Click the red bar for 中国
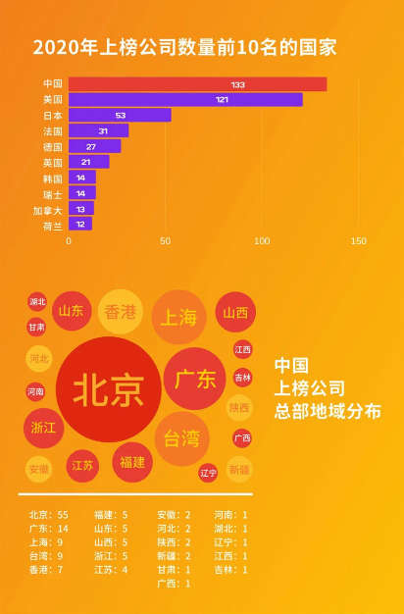pos(198,84)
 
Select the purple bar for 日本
pos(120,115)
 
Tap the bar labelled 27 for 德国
pos(95,146)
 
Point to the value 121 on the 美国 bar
pos(222,100)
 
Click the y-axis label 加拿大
pos(47,211)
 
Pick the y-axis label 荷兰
pos(52,227)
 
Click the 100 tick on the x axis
pos(262,241)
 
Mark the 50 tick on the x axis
pos(165,241)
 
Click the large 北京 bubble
pos(109,389)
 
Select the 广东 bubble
pos(195,379)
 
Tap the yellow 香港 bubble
pos(121,312)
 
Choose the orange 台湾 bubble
pos(182,438)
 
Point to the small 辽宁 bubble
pos(208,473)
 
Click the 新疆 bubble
pos(239,469)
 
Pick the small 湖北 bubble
pos(37,301)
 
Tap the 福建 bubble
pos(132,462)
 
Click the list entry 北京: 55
pos(49,515)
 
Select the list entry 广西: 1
pos(174,584)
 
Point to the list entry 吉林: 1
pos(230,570)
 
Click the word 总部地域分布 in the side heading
pos(328,412)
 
